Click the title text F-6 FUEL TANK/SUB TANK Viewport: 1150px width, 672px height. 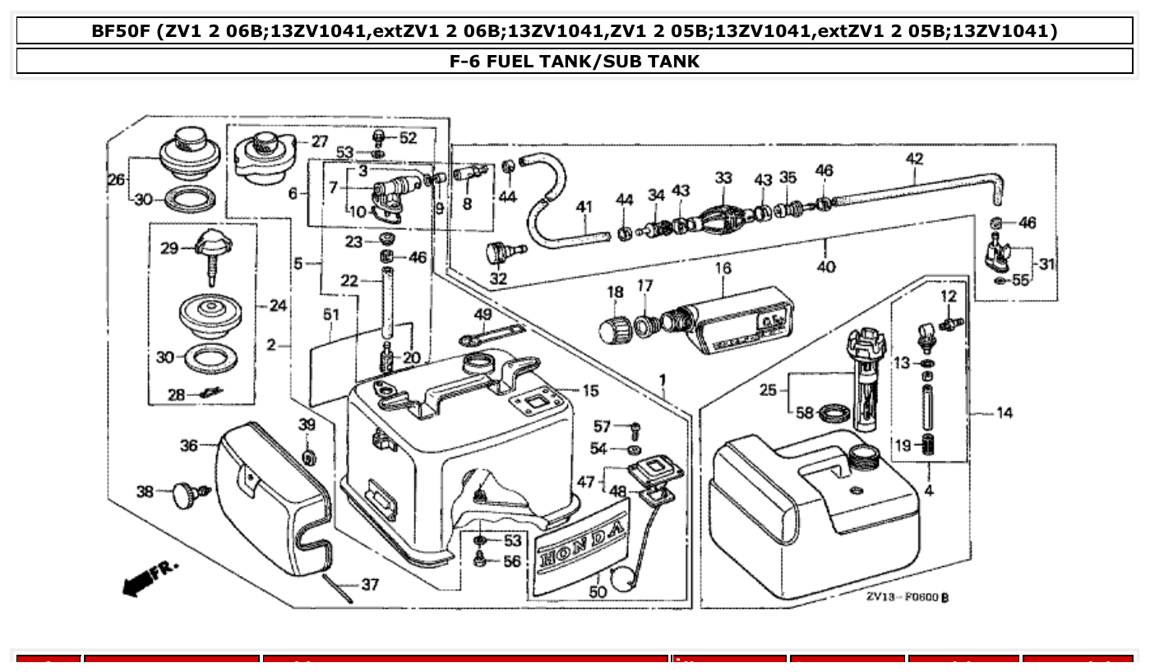point(575,62)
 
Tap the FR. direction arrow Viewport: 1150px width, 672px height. point(149,578)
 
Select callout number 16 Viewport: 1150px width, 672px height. point(723,269)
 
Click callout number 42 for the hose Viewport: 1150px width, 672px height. point(914,159)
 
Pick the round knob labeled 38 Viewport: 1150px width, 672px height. point(186,494)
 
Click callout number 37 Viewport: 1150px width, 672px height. point(370,585)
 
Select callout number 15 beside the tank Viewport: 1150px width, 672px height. point(590,390)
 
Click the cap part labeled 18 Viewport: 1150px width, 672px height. point(614,330)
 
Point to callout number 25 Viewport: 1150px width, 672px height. point(768,390)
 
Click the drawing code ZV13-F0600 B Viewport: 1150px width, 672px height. point(907,597)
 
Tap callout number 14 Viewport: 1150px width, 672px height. point(1005,413)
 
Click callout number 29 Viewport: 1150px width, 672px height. point(169,247)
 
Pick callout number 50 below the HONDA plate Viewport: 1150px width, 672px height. point(598,591)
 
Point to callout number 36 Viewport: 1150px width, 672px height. point(189,445)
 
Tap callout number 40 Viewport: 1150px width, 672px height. point(826,266)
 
